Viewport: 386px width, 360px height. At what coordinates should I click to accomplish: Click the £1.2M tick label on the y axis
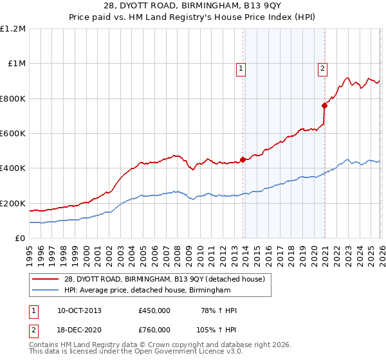point(13,29)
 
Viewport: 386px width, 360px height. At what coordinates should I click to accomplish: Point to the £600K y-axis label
point(13,134)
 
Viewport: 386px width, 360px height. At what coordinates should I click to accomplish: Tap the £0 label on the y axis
point(19,239)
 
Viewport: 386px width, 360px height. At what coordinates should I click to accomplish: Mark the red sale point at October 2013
point(243,159)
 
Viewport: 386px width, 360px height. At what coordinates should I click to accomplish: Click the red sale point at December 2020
point(324,105)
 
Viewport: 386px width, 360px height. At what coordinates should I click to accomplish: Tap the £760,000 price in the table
point(154,329)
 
